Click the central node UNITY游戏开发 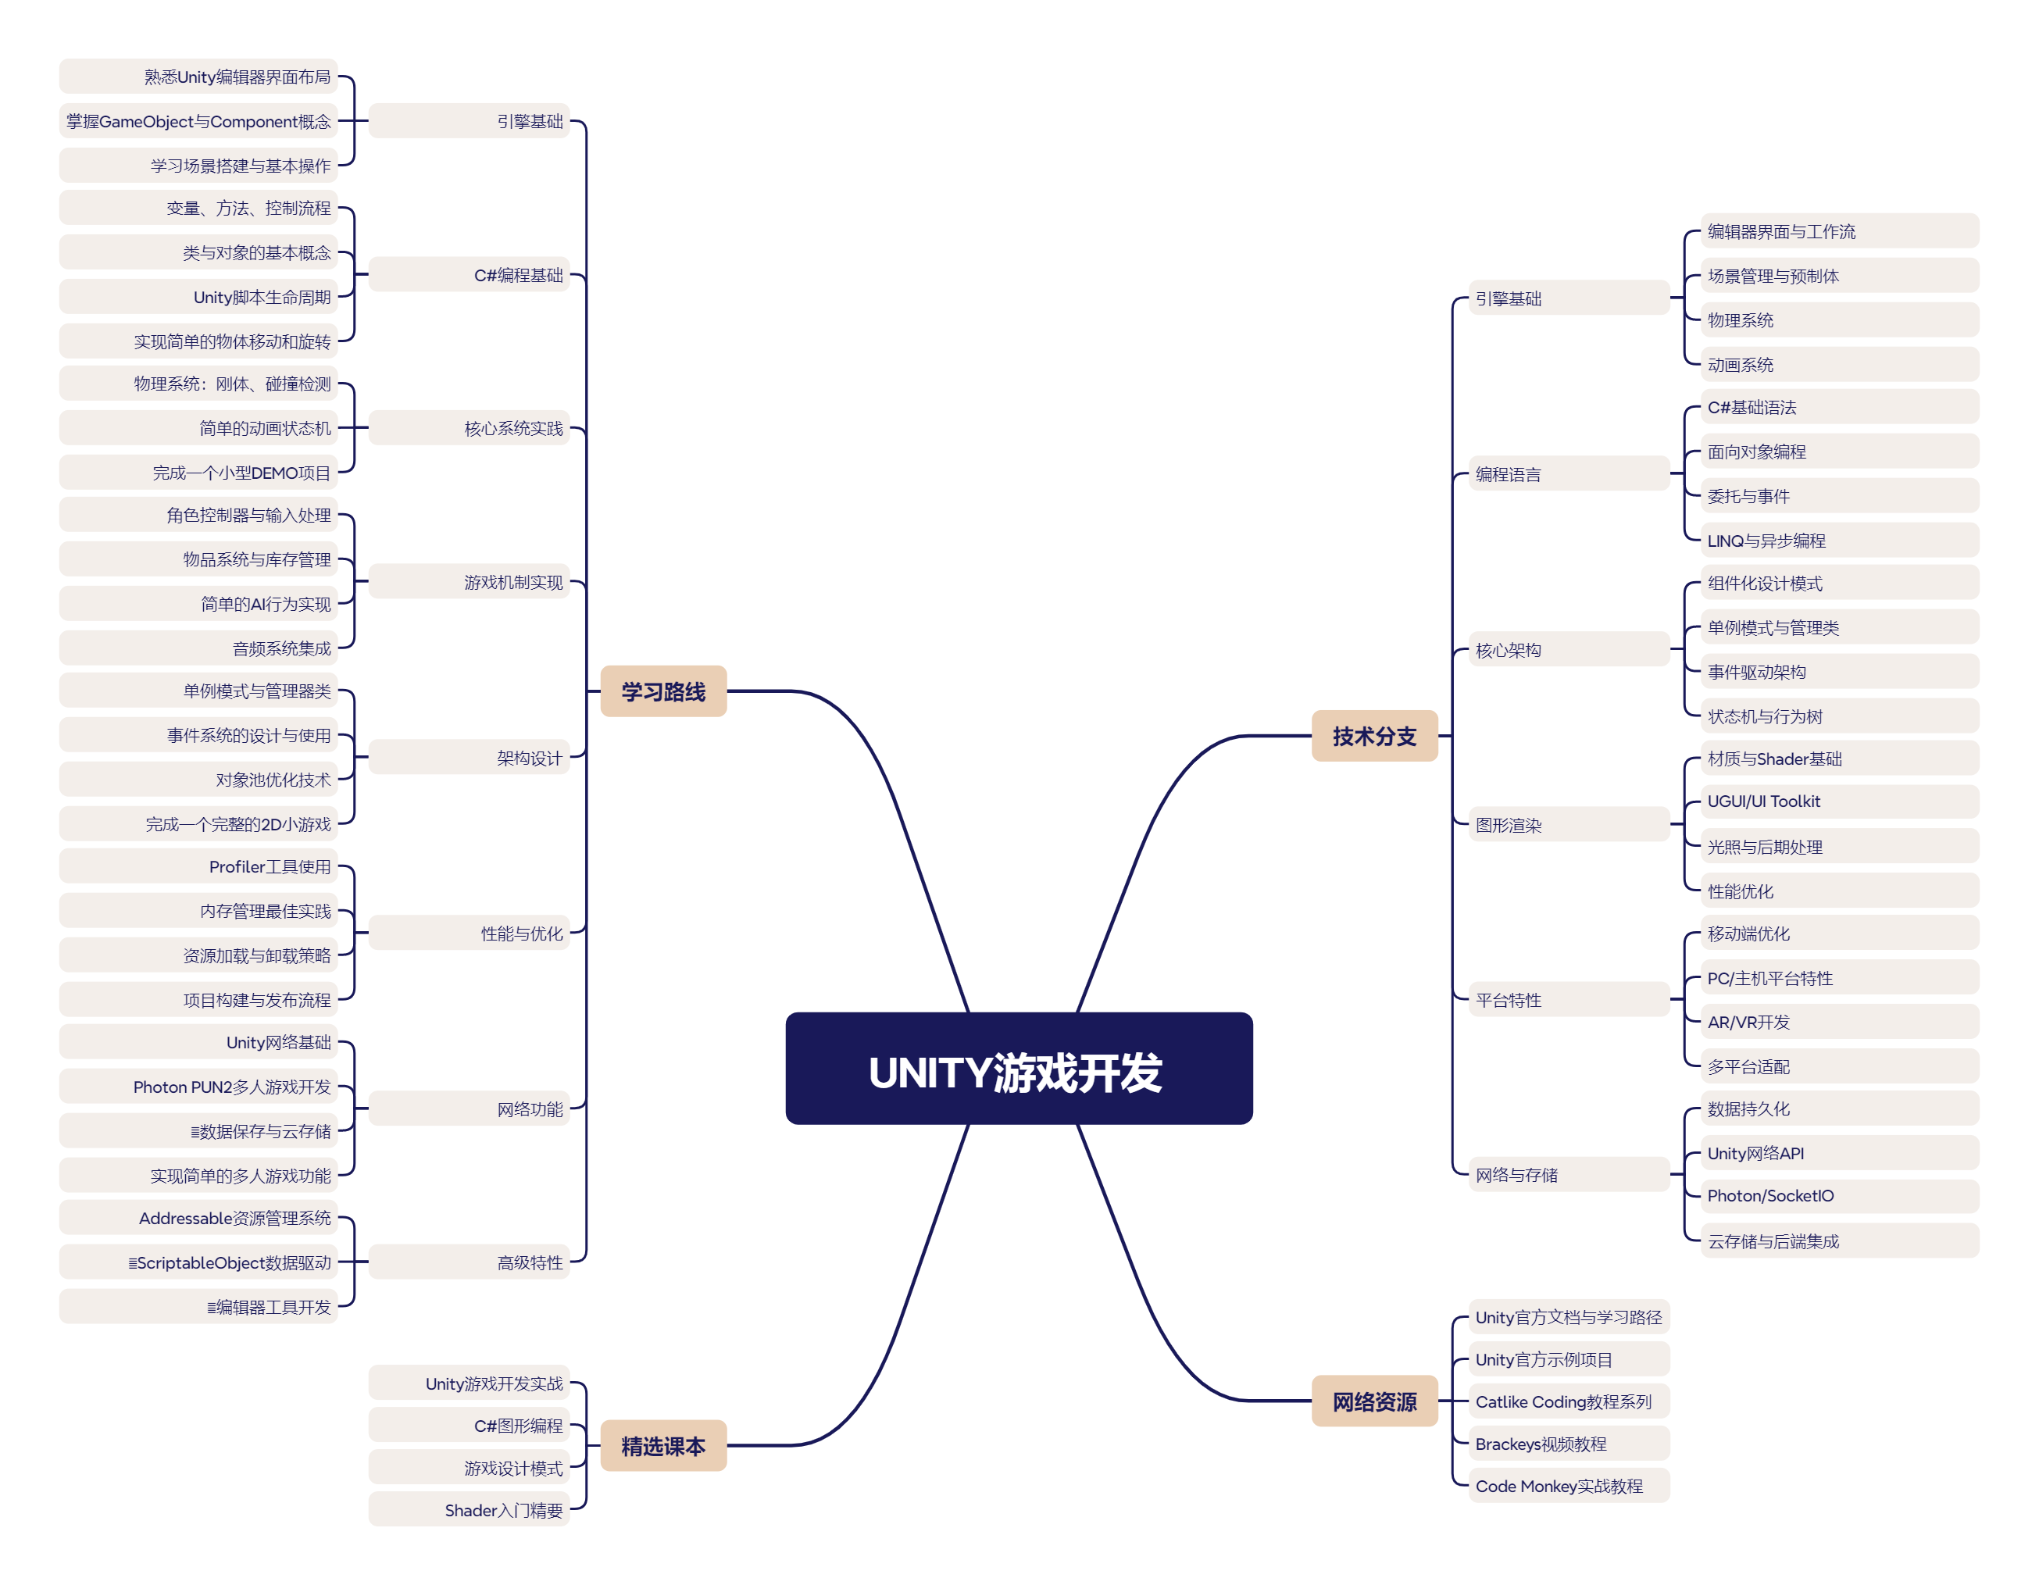coord(1019,1068)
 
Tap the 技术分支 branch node coord(1374,736)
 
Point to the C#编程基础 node coord(469,274)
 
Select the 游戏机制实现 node coord(469,581)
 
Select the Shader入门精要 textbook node coord(469,1509)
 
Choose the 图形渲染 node coord(1569,824)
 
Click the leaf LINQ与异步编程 coord(1839,540)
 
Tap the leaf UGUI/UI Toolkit coord(1839,801)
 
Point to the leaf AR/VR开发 coord(1839,1021)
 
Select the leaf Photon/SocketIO coord(1839,1195)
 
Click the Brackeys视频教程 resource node coord(1569,1443)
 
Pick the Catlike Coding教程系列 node coord(1569,1401)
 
